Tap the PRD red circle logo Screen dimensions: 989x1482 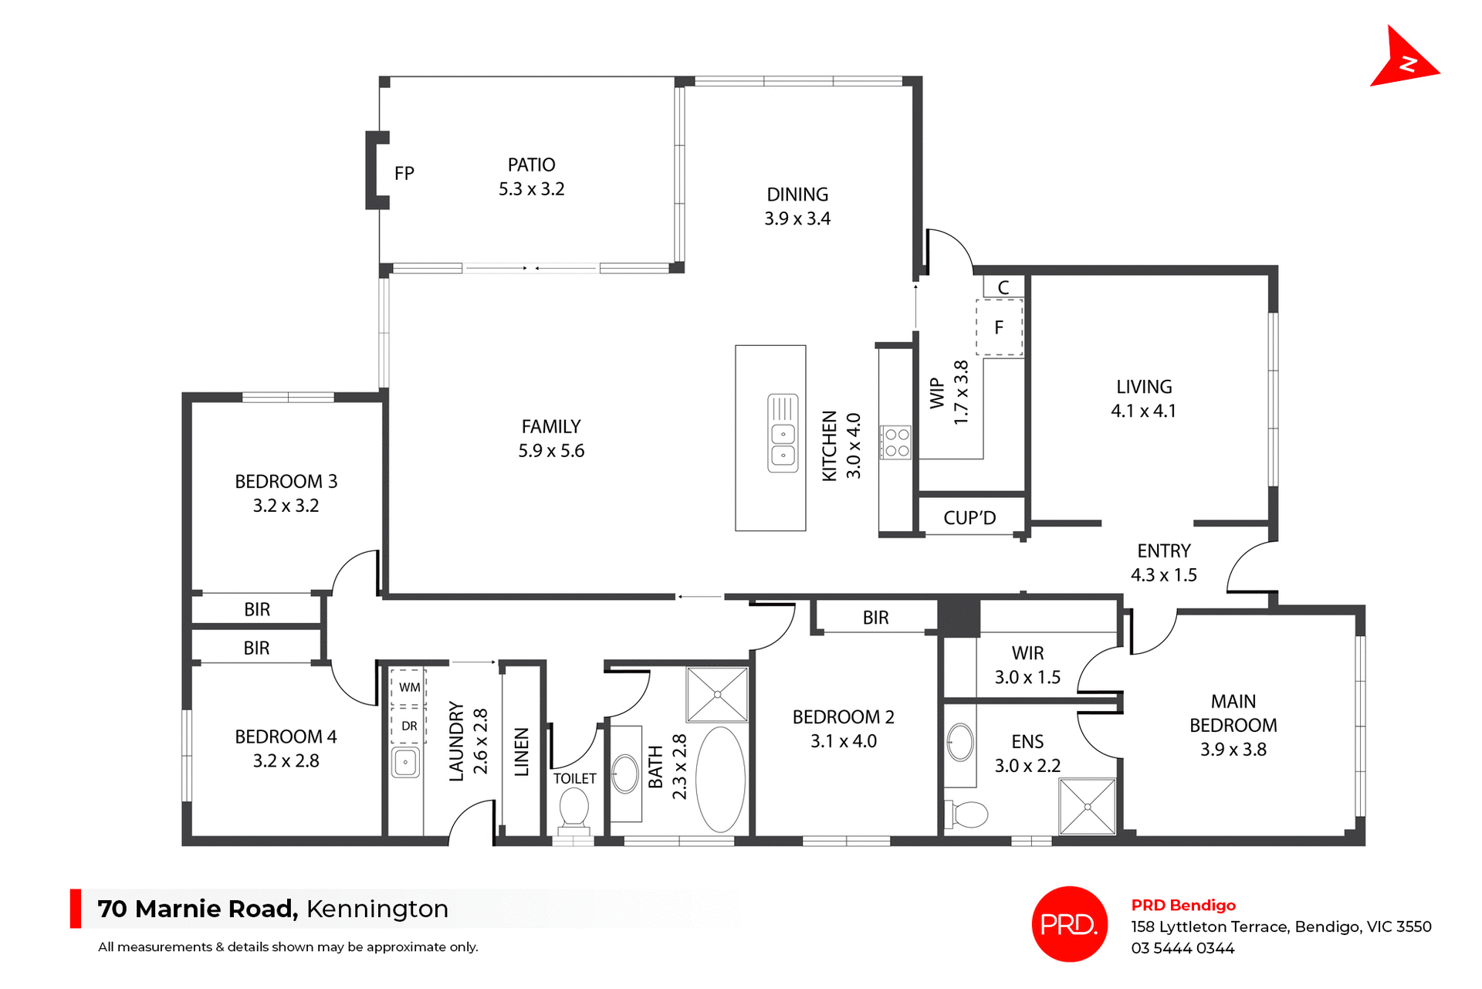[x=1069, y=923]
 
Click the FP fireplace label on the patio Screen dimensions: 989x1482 [x=404, y=174]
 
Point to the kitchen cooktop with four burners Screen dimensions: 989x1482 [x=897, y=442]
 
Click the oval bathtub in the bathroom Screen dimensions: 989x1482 [x=720, y=779]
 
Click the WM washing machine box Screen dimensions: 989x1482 [x=409, y=687]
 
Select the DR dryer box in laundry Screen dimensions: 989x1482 [x=409, y=726]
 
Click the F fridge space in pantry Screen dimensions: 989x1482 [x=999, y=328]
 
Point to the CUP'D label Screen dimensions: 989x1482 [x=969, y=518]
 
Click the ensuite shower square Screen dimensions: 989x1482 [x=1087, y=807]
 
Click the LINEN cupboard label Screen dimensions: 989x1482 [x=522, y=751]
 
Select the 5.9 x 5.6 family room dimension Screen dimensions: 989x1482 [x=551, y=451]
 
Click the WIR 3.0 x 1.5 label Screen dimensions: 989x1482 [x=1027, y=666]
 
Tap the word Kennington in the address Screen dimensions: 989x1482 [x=377, y=909]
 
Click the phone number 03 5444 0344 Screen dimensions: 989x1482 [x=1183, y=948]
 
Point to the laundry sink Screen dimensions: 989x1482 [x=405, y=763]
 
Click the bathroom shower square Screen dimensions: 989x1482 [x=717, y=695]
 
